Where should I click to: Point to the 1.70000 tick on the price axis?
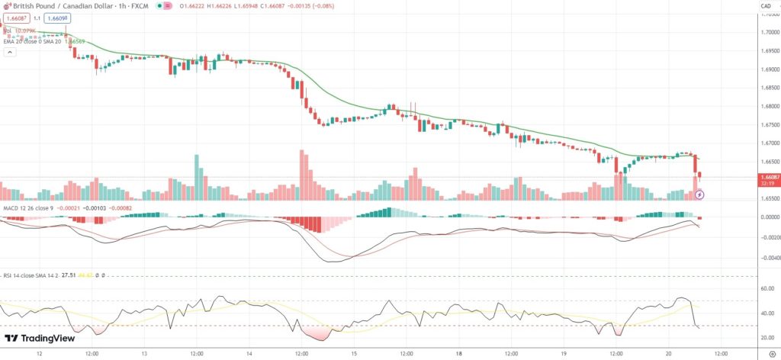coord(766,33)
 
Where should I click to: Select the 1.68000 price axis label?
coord(766,107)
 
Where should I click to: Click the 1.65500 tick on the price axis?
coord(766,198)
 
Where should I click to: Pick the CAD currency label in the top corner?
coord(766,6)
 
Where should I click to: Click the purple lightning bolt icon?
coord(700,194)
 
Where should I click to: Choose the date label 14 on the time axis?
coord(250,353)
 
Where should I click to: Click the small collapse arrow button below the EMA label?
coord(8,50)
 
